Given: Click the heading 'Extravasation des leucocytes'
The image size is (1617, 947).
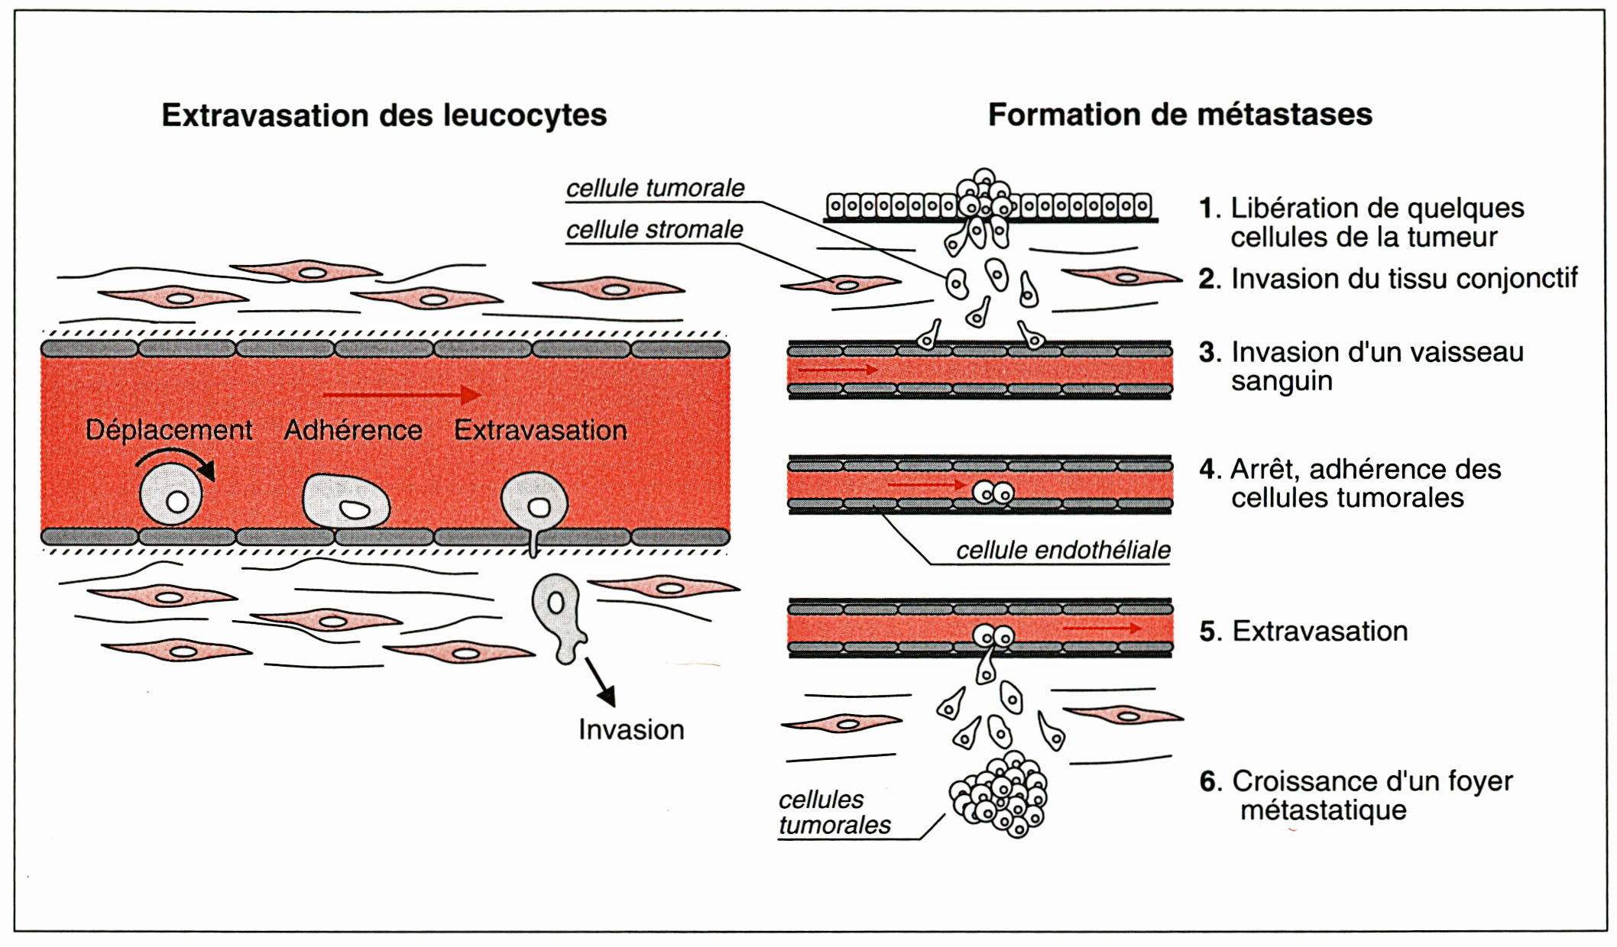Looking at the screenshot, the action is [x=384, y=115].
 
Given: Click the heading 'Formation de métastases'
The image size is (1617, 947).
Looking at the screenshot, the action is [x=1180, y=115].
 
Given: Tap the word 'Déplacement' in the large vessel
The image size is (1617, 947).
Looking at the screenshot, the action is [x=168, y=430].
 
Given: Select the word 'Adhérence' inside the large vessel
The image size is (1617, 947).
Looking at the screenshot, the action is [x=353, y=430].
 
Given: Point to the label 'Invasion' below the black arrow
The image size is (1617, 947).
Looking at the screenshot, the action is [x=631, y=729].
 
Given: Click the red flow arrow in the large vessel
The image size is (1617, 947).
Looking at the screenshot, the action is [x=402, y=395].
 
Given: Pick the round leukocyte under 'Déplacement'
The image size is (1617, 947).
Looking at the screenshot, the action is [x=171, y=495].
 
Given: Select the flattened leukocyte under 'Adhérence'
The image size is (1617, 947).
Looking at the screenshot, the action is [x=346, y=502].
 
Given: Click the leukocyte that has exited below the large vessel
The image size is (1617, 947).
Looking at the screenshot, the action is [x=559, y=617].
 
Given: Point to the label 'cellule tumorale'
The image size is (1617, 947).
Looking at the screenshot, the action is [x=655, y=188].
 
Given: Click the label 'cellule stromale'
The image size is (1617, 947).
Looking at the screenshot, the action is [x=654, y=229].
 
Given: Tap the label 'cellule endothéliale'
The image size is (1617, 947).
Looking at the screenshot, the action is [x=1063, y=550].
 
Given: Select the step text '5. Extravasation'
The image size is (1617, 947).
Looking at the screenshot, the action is [x=1304, y=631].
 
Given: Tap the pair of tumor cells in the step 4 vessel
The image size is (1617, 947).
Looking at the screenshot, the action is [x=993, y=493].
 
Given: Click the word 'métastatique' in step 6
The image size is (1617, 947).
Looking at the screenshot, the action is [x=1323, y=810].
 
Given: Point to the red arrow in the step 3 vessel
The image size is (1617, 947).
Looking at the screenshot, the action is [x=837, y=370].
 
